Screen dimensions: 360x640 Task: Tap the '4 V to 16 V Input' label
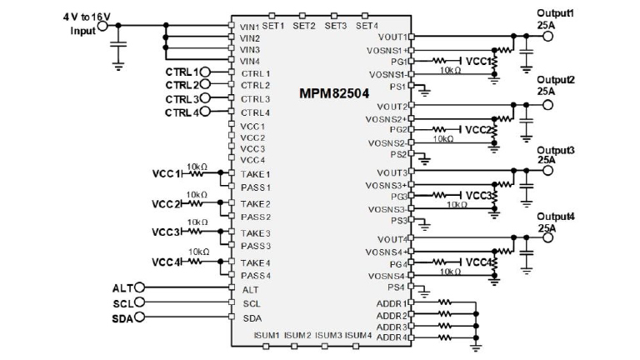pos(84,23)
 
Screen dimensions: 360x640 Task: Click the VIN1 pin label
pos(249,27)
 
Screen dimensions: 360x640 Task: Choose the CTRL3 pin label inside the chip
pos(255,99)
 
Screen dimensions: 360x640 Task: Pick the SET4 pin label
pos(367,26)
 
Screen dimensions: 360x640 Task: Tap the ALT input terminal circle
pos(139,288)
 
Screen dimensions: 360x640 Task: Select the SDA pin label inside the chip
pos(252,317)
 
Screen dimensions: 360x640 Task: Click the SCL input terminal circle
pos(139,302)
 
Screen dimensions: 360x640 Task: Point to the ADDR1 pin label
pos(392,303)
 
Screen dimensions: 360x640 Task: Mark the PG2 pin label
pos(398,129)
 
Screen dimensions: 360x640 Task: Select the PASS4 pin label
pos(255,276)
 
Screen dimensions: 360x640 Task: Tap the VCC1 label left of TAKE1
pos(166,174)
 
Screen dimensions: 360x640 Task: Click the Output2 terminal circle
pos(547,105)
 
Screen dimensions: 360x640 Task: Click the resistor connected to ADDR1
pos(443,303)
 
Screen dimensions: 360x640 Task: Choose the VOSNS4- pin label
pos(388,275)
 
